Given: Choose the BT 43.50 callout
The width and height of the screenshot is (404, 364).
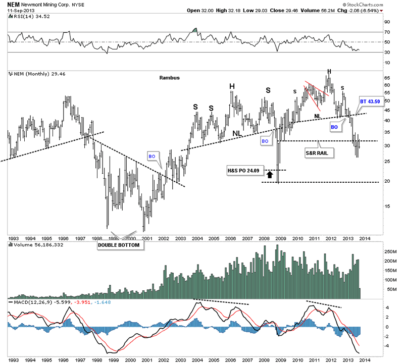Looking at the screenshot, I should point(370,101).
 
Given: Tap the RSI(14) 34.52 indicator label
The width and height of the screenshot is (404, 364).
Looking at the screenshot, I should point(28,17).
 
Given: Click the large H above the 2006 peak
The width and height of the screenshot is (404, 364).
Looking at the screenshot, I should point(232,86).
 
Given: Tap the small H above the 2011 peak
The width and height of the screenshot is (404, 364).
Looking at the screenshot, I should point(329,71).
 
